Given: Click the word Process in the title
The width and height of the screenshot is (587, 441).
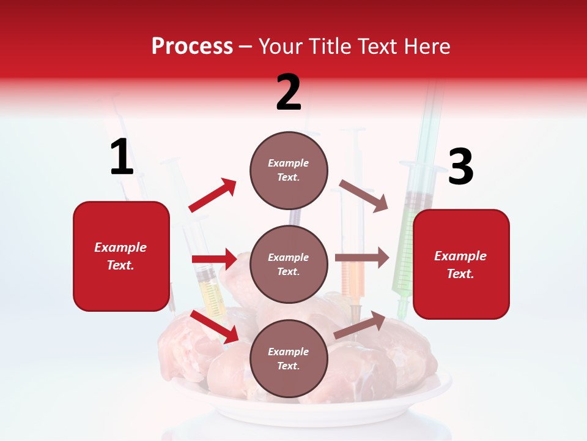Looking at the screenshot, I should point(192,46).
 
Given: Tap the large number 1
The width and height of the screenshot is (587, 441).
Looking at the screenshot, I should point(121,157).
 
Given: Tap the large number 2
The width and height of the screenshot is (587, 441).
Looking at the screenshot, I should point(289,92).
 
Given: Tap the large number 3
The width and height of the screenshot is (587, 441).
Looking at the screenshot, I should point(460,167).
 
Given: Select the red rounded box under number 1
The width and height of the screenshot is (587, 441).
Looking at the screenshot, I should point(121,256).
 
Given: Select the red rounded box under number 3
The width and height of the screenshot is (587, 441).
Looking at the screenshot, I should point(461,265).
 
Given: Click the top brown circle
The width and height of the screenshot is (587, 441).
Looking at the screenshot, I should point(289,170).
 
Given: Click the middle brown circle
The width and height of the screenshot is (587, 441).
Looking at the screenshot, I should point(289,264).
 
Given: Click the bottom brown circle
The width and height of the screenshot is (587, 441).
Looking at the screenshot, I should point(289,358).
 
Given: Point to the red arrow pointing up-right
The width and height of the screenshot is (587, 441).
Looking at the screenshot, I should point(213,195).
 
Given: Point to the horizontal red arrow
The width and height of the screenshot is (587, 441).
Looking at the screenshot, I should point(214,259).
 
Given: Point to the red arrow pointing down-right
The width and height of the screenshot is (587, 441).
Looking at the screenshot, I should point(215,326).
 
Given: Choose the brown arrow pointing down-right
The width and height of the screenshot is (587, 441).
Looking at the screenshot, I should point(363,195).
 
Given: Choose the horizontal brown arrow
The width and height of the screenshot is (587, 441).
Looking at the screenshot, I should point(361,258).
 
